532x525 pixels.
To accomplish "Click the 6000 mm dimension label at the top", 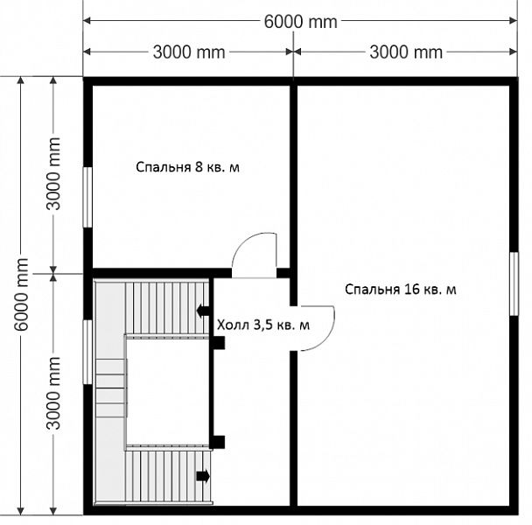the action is coord(301,22).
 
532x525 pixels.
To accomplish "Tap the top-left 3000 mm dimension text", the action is coord(189,52).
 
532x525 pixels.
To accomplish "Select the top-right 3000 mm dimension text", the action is coord(406,52).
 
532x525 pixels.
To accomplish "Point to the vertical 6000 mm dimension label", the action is coord(22,294).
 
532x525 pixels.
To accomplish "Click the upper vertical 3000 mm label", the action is coord(53,174).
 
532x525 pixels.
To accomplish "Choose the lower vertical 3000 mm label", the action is coord(53,393).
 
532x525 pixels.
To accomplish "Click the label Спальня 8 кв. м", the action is coord(187,167).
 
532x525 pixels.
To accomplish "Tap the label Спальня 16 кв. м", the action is coord(401,290).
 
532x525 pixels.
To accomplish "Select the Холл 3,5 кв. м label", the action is coord(263,325).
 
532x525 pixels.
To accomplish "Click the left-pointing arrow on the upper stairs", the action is coord(202,310).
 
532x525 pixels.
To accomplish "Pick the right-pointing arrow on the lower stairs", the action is coord(203,476).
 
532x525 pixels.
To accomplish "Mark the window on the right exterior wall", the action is coord(514,283).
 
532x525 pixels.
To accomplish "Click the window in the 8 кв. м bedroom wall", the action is coord(87,197).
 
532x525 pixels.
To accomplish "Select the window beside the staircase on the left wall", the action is coord(87,352).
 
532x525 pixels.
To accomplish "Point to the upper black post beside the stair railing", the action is coord(219,343).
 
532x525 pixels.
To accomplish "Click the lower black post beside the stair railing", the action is coord(218,442).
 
